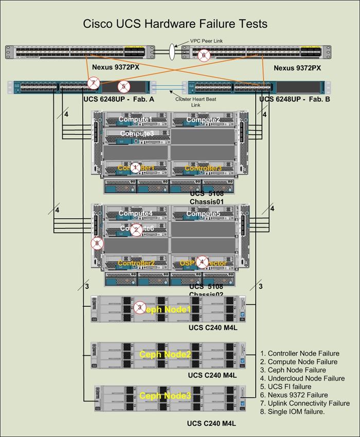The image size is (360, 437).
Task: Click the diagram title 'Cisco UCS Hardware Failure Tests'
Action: (x=175, y=24)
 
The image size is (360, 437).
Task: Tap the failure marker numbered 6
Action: (x=204, y=55)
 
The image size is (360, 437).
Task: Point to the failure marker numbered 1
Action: (x=135, y=168)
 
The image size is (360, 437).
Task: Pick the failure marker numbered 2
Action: (x=136, y=230)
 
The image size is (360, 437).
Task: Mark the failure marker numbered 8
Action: (x=96, y=243)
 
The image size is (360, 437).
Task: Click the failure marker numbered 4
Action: (x=202, y=262)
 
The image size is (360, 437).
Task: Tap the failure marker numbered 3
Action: (x=139, y=308)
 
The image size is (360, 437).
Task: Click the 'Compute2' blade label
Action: (x=203, y=120)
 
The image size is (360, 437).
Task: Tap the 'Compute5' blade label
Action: (x=203, y=213)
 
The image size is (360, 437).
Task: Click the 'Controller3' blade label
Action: (x=203, y=168)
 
